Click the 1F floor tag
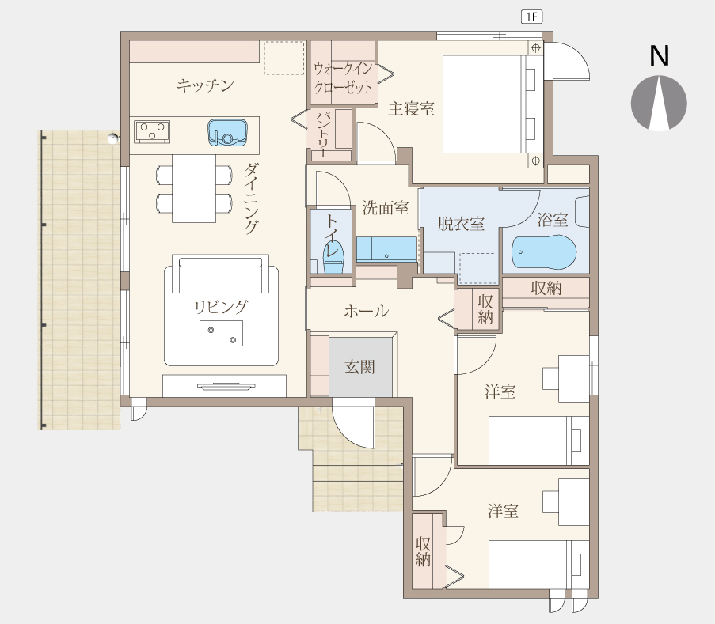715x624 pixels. [x=531, y=17]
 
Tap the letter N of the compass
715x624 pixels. [x=659, y=55]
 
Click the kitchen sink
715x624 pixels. [x=227, y=133]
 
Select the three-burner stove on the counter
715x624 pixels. [x=152, y=131]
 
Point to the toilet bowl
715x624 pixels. [x=333, y=259]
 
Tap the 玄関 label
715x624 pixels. [x=359, y=367]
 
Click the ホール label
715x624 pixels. [x=366, y=312]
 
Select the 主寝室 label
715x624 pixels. [x=411, y=109]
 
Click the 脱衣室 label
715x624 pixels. [x=461, y=224]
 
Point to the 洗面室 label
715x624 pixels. [x=386, y=208]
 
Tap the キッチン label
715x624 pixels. [x=205, y=85]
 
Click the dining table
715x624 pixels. [x=194, y=188]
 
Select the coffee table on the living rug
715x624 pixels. [x=221, y=334]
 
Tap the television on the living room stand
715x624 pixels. [x=226, y=387]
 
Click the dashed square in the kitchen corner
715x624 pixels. [x=284, y=58]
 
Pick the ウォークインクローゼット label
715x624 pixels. [x=344, y=78]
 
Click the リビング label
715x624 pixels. [x=221, y=307]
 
